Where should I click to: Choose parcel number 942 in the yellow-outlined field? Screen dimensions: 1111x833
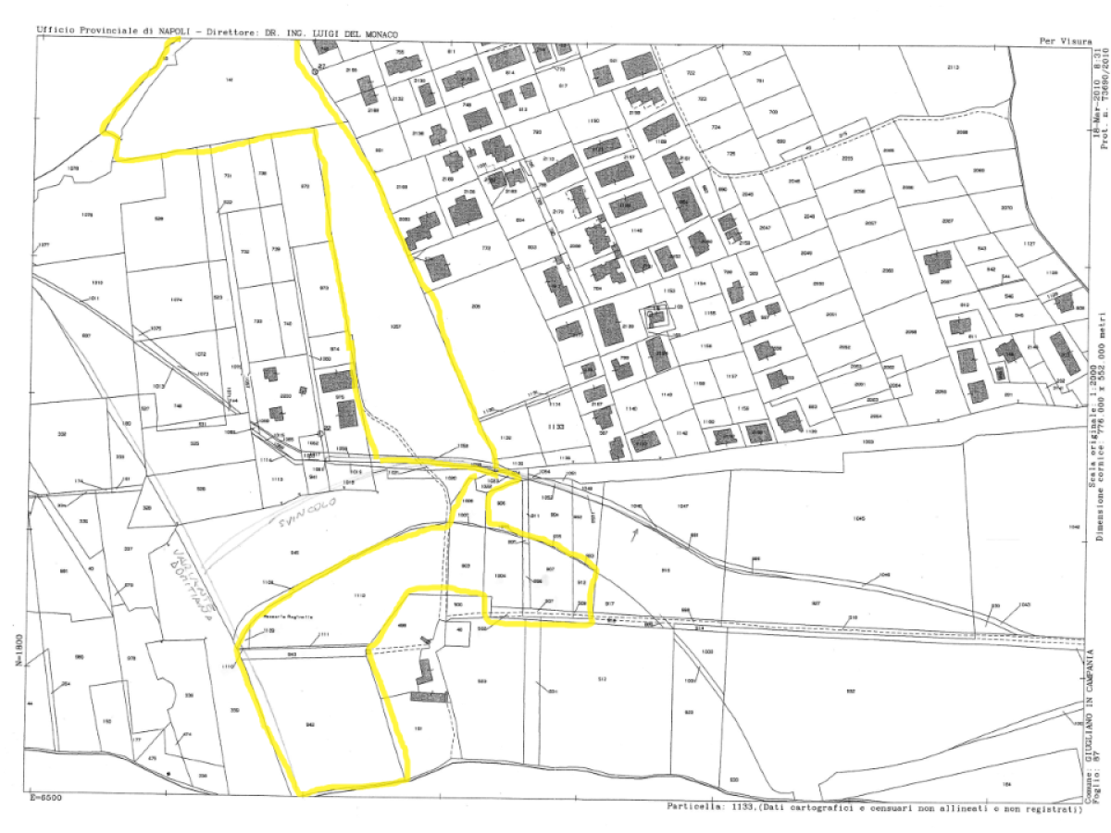click(x=310, y=725)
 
